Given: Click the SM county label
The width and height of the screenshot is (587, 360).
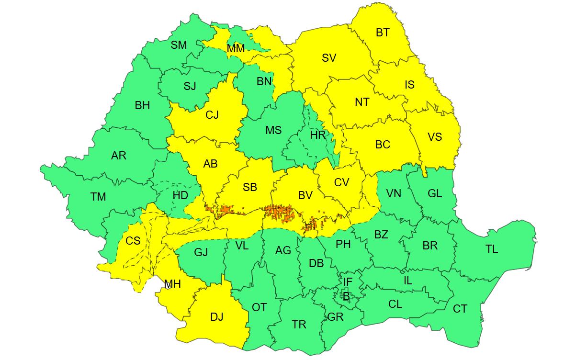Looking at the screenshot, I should pyautogui.click(x=179, y=45).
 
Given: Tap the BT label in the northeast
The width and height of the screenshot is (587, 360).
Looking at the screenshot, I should pyautogui.click(x=383, y=33).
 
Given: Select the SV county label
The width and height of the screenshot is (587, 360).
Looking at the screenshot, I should pyautogui.click(x=329, y=58).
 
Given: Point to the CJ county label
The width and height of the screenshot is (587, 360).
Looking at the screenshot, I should pyautogui.click(x=212, y=115).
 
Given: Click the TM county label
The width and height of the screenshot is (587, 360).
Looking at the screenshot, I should pyautogui.click(x=98, y=197).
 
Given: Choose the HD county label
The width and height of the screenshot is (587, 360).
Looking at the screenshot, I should pyautogui.click(x=180, y=195).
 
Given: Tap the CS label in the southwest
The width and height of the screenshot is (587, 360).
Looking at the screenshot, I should pyautogui.click(x=133, y=240).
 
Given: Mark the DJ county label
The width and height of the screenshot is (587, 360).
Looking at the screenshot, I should pyautogui.click(x=216, y=317).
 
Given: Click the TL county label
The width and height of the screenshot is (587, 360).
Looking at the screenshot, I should pyautogui.click(x=491, y=249).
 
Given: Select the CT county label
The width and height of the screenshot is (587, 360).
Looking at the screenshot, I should pyautogui.click(x=460, y=309).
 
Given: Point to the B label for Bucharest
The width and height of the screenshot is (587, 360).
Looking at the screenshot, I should pyautogui.click(x=346, y=296).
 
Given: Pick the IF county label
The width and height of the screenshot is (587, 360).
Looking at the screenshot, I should pyautogui.click(x=348, y=281).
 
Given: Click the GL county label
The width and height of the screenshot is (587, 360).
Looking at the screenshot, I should pyautogui.click(x=435, y=193).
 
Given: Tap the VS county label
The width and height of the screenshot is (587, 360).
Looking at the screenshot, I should pyautogui.click(x=434, y=137).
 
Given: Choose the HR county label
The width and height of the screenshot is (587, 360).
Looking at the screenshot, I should pyautogui.click(x=317, y=135).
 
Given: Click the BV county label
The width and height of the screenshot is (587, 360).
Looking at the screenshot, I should pyautogui.click(x=305, y=195).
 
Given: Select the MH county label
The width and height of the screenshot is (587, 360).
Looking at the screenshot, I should pyautogui.click(x=172, y=284).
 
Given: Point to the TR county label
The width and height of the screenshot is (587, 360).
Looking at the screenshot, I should pyautogui.click(x=299, y=325).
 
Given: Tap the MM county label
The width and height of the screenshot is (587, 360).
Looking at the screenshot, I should pyautogui.click(x=236, y=49).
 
